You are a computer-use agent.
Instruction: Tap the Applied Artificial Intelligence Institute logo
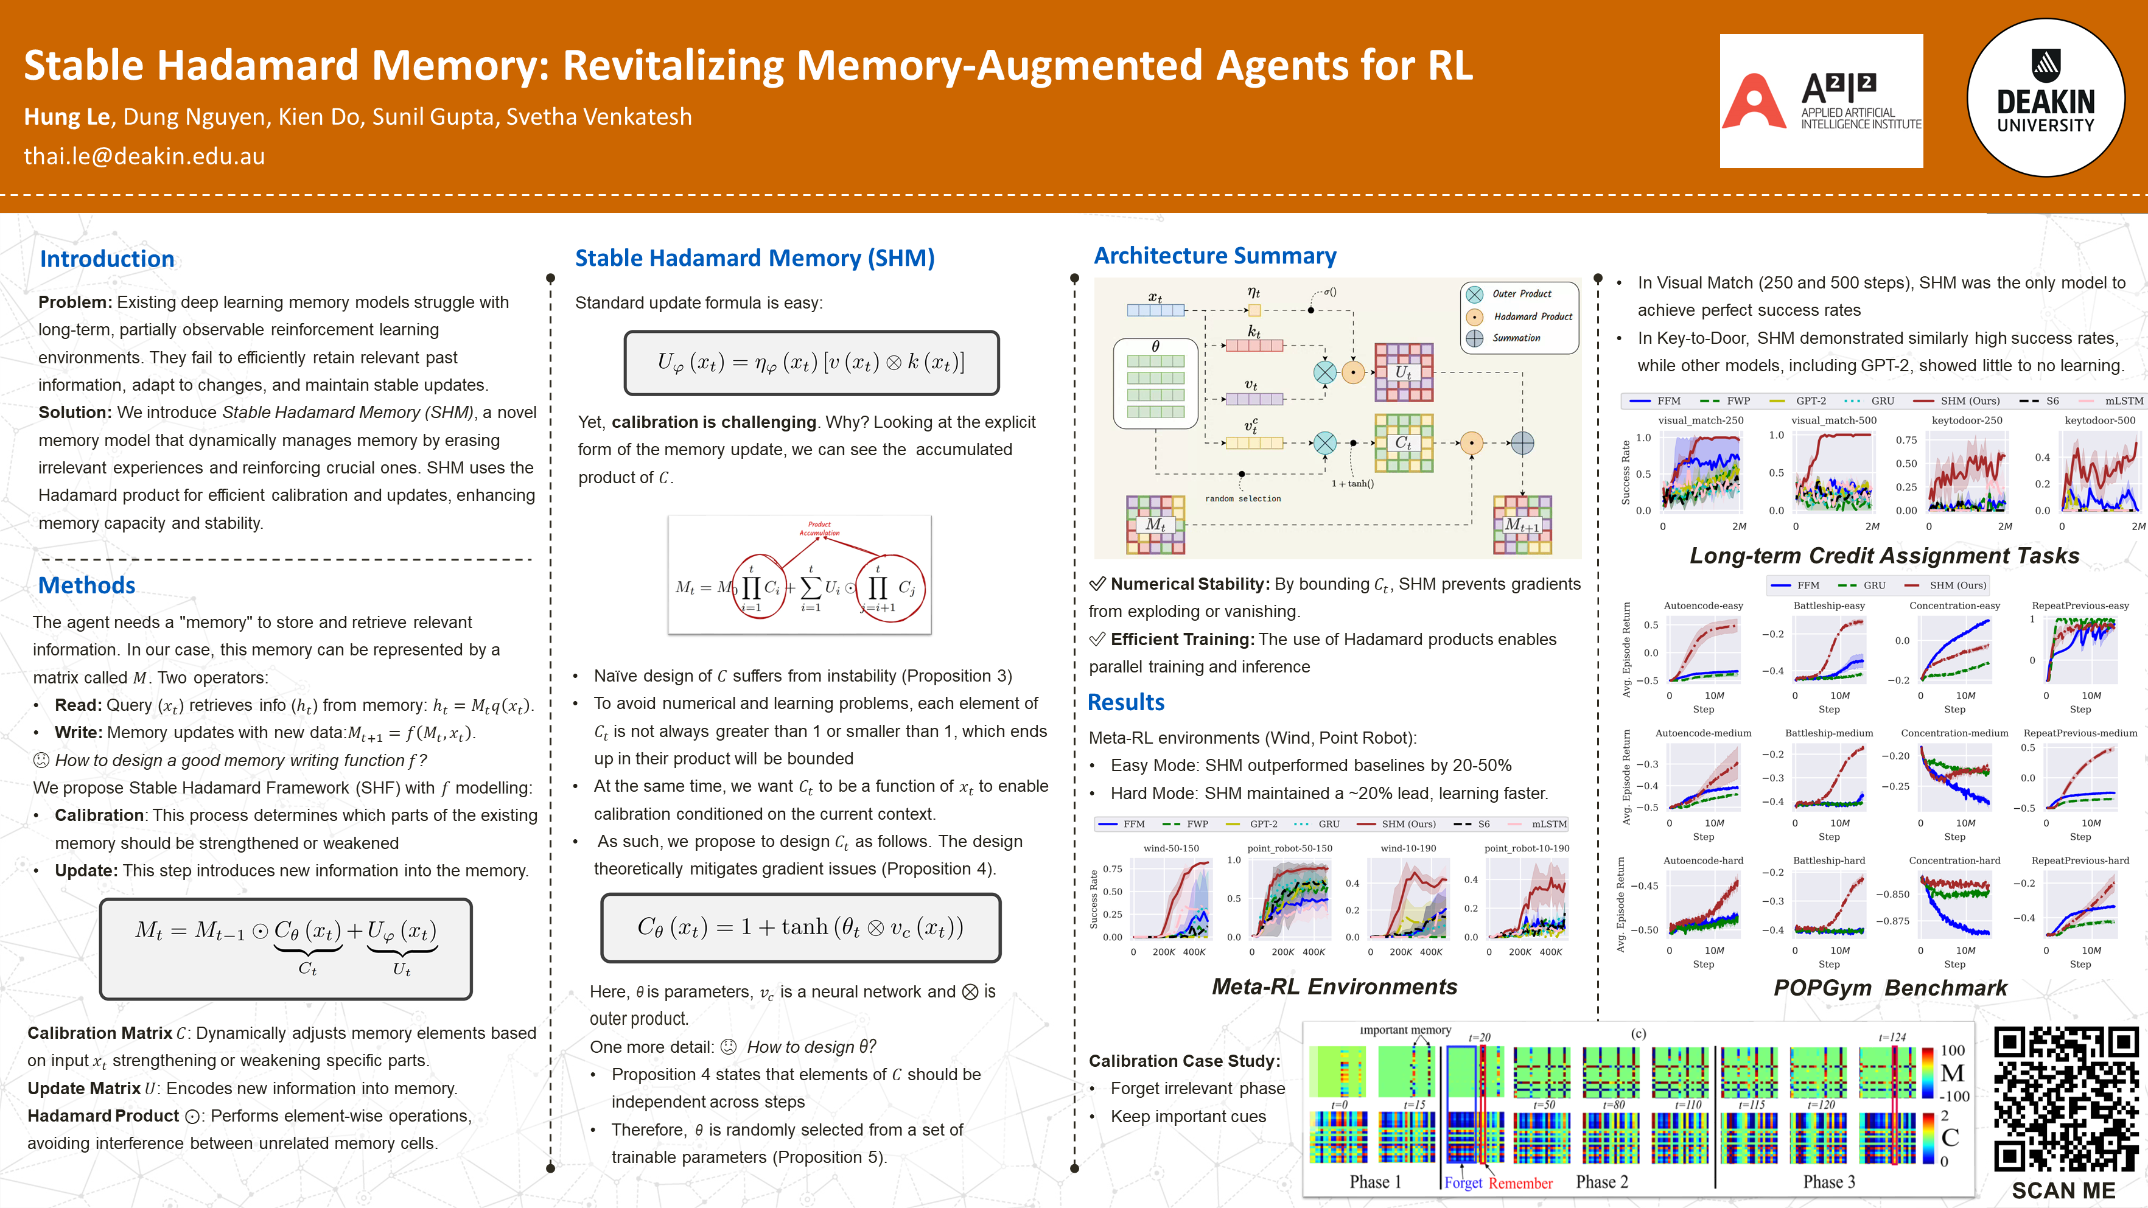[x=1821, y=101]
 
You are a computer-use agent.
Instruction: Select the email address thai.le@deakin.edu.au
[x=144, y=156]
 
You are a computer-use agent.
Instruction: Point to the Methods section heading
[x=86, y=585]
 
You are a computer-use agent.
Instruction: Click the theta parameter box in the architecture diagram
[x=1156, y=383]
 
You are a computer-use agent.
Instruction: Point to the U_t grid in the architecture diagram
[x=1404, y=372]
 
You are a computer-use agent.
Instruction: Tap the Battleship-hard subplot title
[x=1828, y=861]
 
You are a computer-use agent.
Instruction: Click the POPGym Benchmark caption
[x=1889, y=988]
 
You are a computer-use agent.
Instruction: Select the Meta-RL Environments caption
[x=1334, y=986]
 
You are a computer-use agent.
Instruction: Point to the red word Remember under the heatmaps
[x=1520, y=1183]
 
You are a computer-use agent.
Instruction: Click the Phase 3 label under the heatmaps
[x=1828, y=1182]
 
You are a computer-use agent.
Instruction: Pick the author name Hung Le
[x=67, y=117]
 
